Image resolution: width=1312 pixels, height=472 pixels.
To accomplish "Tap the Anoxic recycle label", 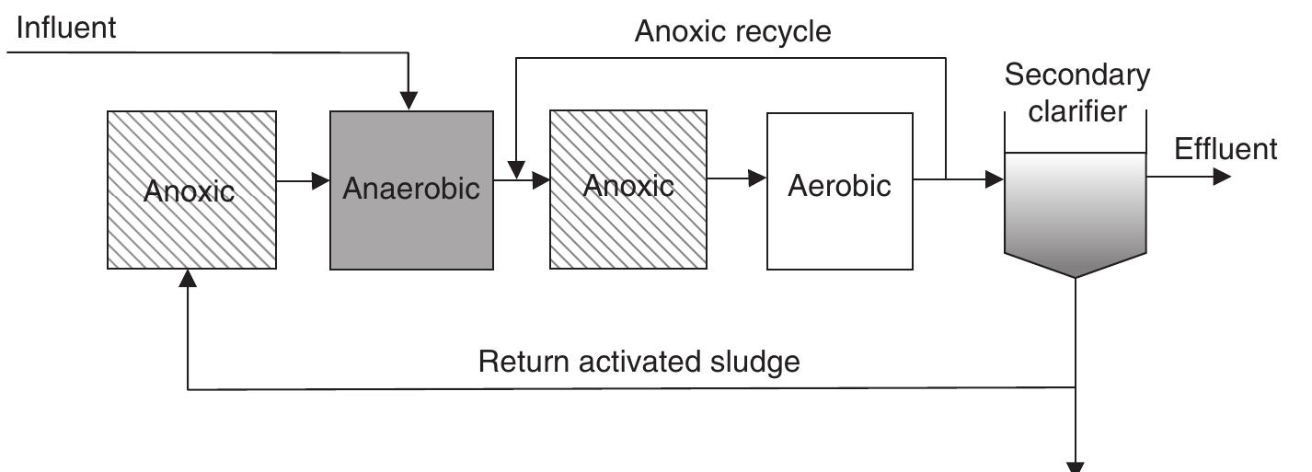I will [x=733, y=32].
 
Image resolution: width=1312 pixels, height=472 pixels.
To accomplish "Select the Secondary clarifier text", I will [x=1076, y=93].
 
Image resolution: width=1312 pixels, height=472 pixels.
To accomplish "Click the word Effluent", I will [x=1226, y=149].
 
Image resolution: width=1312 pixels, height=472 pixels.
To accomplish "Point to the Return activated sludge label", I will [x=639, y=362].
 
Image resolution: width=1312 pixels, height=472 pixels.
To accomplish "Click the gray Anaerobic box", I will [x=411, y=190].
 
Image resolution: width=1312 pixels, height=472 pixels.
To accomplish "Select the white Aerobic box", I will [x=840, y=190].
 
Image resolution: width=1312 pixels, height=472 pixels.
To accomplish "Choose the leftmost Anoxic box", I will [x=191, y=190].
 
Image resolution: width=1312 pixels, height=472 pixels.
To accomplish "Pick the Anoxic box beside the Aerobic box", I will [x=628, y=190].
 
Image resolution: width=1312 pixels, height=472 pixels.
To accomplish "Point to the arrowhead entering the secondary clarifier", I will [x=995, y=179].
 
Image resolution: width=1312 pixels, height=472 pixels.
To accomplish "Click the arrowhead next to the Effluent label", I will [x=1222, y=177].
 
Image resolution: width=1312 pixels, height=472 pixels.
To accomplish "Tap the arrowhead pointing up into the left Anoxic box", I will [x=188, y=279].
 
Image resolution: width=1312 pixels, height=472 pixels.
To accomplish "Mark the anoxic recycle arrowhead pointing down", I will [x=517, y=170].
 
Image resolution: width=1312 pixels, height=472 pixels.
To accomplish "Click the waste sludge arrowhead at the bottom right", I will [x=1076, y=466].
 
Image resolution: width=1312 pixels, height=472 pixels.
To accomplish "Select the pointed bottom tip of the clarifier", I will [x=1076, y=276].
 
